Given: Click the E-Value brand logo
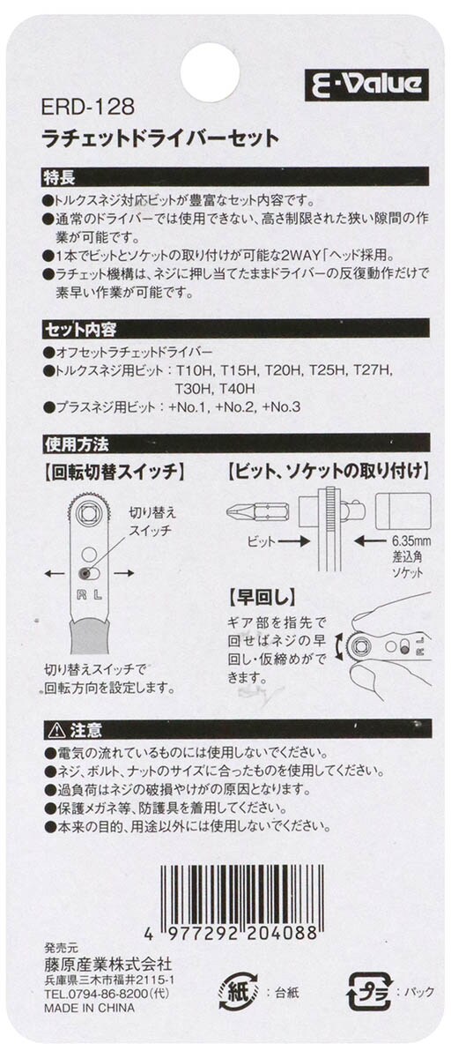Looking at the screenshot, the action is tap(366, 85).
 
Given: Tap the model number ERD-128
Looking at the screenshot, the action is tap(88, 108).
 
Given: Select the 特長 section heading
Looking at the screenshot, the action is tap(59, 177).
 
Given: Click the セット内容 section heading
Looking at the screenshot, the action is tap(80, 330).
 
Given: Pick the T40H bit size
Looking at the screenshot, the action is tap(237, 389).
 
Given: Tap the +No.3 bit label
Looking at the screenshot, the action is tap(281, 407).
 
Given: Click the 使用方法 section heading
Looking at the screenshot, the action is tap(77, 444).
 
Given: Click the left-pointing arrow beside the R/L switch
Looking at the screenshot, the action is tap(55, 573).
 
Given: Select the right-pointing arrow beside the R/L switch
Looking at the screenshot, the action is tap(123, 573).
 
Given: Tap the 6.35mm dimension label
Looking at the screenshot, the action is tap(410, 541).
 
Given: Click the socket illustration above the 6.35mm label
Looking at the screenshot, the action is tap(403, 511).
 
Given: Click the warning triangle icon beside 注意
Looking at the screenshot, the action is tap(56, 731).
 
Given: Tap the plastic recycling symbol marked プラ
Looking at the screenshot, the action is tap(369, 991).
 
